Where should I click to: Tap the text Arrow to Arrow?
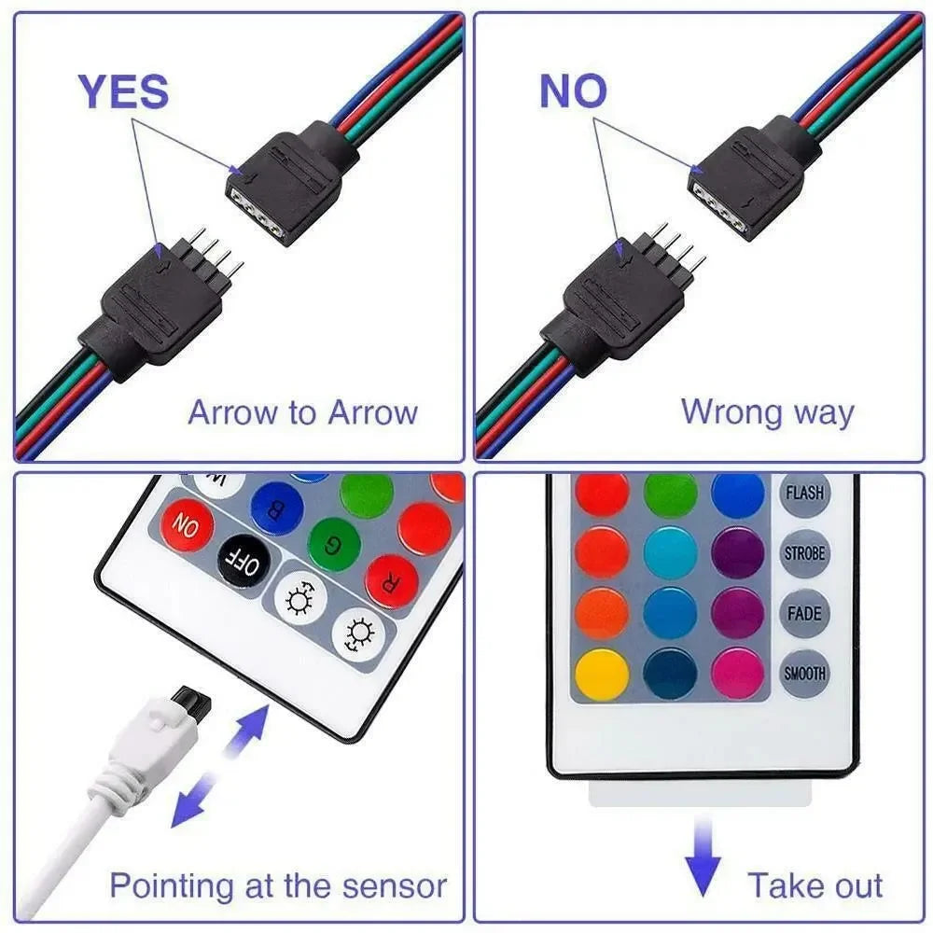[302, 411]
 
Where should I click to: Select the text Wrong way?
[767, 411]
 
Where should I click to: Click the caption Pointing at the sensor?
[277, 884]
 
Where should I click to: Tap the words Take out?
[815, 884]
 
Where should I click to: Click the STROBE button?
[804, 552]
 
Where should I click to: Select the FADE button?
[804, 613]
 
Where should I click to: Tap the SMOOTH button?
[804, 673]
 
